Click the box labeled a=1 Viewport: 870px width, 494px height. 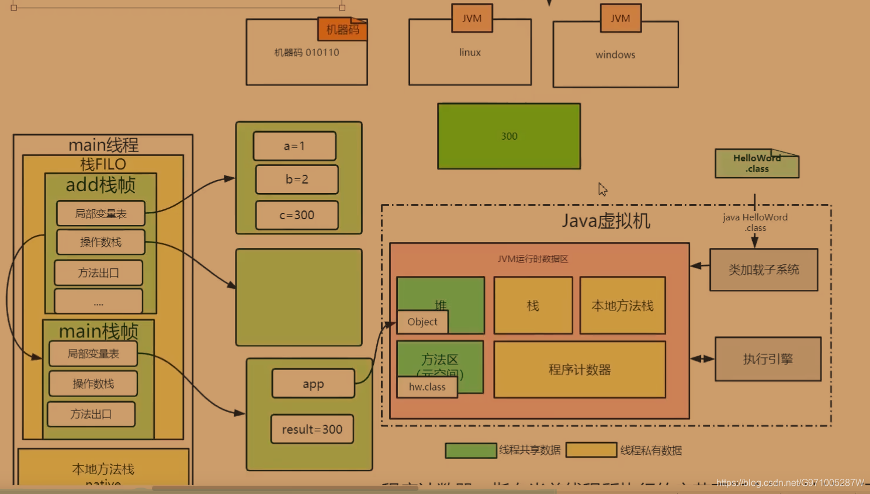click(294, 146)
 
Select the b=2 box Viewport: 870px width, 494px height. click(297, 179)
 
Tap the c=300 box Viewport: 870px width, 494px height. click(297, 215)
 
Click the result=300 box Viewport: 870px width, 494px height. click(312, 429)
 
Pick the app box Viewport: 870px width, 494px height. click(313, 384)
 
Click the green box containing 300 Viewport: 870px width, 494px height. click(509, 136)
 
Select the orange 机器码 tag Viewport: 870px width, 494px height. click(342, 29)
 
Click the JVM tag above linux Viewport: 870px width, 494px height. click(472, 18)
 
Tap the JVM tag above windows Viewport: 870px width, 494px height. click(621, 18)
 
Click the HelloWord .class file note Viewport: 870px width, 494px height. click(757, 164)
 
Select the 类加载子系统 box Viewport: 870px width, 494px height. click(764, 270)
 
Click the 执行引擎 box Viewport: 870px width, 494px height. click(768, 359)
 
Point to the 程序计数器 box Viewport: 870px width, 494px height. click(580, 369)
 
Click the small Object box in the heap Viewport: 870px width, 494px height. click(422, 322)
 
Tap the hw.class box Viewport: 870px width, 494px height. click(427, 387)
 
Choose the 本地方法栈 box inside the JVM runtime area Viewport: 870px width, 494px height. click(622, 306)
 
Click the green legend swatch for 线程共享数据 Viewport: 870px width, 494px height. click(471, 450)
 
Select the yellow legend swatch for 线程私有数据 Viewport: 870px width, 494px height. click(591, 450)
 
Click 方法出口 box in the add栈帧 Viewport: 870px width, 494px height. click(99, 273)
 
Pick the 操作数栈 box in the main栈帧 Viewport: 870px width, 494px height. click(93, 384)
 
